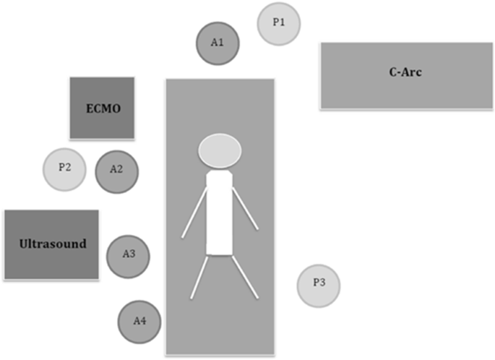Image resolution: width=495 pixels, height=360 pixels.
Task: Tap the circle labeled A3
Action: [x=128, y=254]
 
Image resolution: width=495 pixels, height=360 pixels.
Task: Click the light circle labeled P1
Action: [x=279, y=23]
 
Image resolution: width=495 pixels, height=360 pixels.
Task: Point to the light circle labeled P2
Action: [x=64, y=168]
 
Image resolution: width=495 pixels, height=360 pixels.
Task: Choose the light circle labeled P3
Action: [x=318, y=283]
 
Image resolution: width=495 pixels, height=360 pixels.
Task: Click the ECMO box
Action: [x=103, y=108]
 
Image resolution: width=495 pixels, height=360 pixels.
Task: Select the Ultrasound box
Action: [x=51, y=244]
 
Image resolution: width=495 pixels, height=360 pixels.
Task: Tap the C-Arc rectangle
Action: [x=407, y=75]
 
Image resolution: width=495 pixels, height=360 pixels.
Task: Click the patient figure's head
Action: [x=220, y=150]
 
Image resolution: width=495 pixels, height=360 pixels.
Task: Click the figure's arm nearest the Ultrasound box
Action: [x=194, y=210]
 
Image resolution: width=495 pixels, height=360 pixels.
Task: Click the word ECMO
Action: [x=102, y=109]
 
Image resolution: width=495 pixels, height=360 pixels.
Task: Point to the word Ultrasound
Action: [x=51, y=244]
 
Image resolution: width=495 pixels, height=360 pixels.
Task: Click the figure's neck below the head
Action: [x=220, y=171]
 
